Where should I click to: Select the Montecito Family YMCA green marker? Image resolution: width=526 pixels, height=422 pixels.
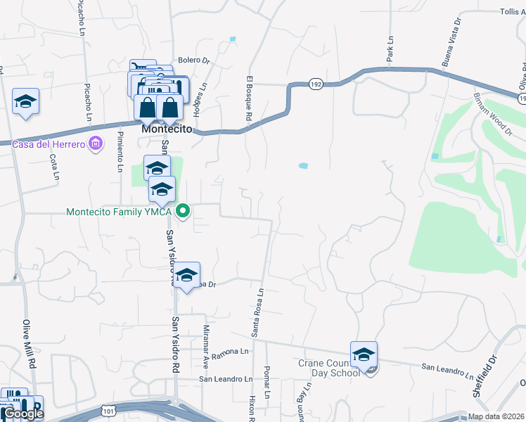point(184,211)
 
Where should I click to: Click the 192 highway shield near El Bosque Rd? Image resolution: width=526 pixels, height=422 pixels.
point(316,84)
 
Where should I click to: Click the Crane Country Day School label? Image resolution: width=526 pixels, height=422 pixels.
point(328,368)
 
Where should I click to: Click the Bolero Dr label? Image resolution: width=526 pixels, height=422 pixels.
point(194,60)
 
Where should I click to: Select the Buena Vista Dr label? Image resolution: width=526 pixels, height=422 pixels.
point(451,42)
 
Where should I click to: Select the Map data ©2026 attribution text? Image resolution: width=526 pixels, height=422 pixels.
point(496,416)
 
